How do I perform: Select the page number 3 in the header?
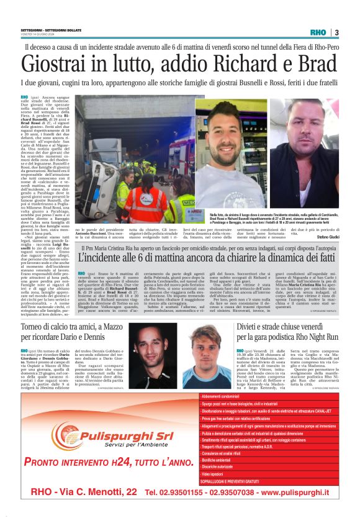click(336, 32)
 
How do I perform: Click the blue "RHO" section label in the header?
click(317, 32)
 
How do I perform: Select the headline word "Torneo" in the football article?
click(34, 327)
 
